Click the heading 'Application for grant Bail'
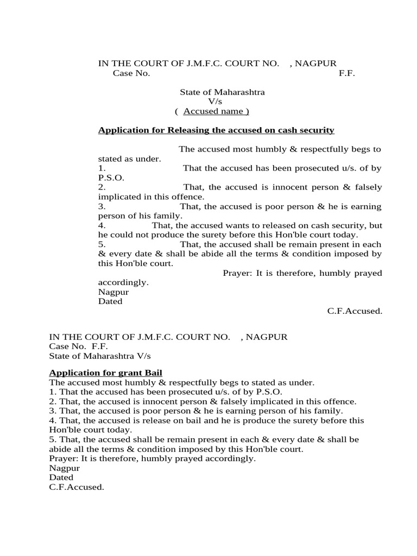[106, 372]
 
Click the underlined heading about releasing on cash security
[216, 130]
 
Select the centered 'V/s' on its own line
[216, 102]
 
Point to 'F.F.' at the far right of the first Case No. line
[347, 73]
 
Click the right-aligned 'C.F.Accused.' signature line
[355, 311]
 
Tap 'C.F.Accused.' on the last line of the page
[76, 487]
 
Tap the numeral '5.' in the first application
[102, 244]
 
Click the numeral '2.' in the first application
[102, 187]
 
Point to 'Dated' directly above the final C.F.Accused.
[61, 477]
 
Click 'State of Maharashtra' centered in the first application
[222, 92]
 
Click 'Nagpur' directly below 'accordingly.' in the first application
[113, 292]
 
